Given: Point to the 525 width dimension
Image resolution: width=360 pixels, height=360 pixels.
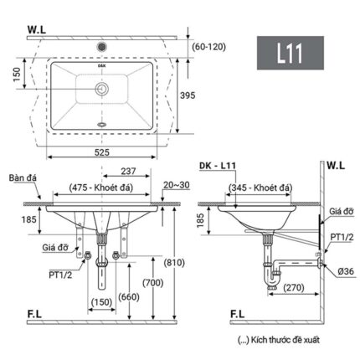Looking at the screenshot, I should (x=101, y=152).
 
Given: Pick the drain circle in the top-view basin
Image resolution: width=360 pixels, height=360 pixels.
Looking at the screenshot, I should (x=102, y=87).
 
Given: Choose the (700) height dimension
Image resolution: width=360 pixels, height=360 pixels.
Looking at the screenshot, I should (x=154, y=283).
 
